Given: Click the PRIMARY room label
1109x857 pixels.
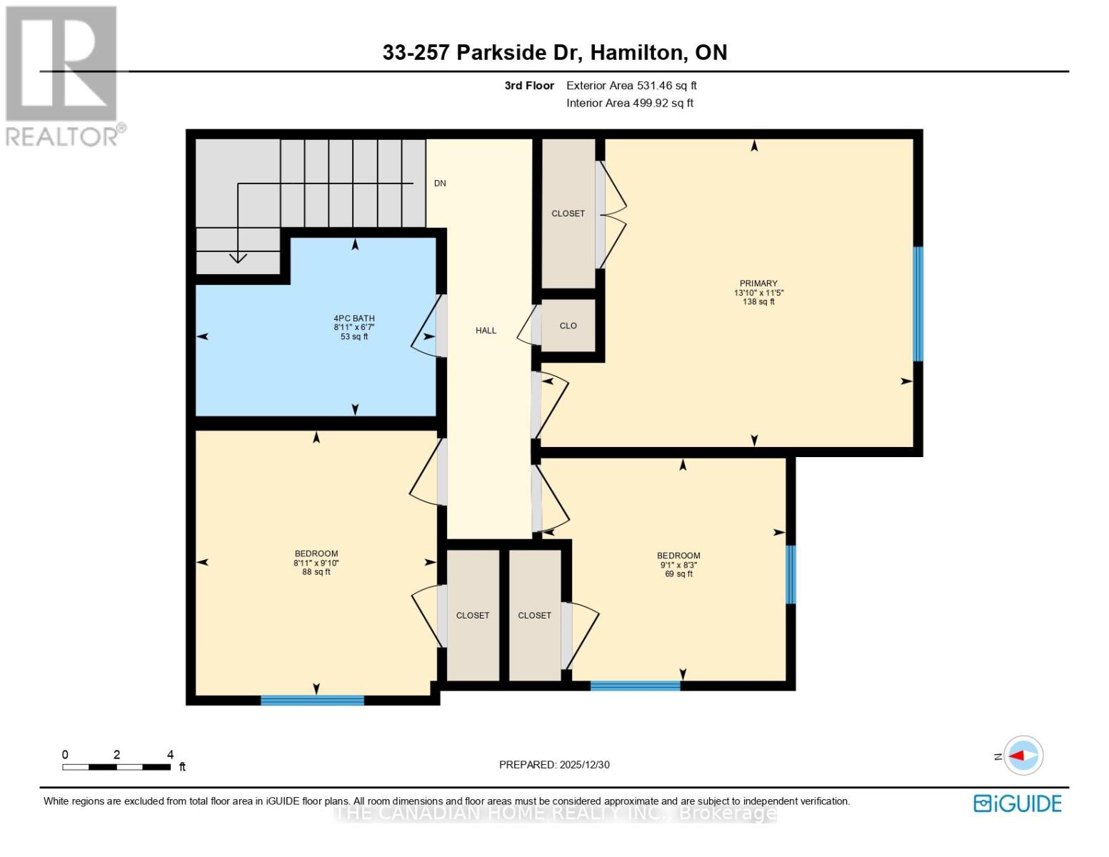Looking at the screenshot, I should coord(758,284).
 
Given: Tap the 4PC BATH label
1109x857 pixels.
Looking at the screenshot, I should coord(354,319).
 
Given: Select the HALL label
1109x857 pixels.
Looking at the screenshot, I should coord(486,331).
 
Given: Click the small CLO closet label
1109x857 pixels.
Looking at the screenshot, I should coord(568,326).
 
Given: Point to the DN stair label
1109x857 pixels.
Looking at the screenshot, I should coord(440,184).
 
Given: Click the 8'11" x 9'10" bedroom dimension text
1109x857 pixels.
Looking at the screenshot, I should coord(316,563).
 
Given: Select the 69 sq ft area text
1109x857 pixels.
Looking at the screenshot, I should coord(678,574).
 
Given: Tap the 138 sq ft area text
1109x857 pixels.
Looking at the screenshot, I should coord(758,302).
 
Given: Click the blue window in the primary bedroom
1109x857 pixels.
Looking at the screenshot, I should coord(918,304).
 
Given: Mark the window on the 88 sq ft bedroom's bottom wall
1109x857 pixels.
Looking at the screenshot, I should coord(312,701).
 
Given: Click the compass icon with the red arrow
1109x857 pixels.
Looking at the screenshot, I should coord(1023,756).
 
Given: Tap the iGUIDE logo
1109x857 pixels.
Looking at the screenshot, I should coord(1017,803).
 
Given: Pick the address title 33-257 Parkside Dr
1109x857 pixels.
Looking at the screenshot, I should coord(554,53).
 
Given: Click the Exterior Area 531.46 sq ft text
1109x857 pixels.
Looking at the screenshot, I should coord(631,86).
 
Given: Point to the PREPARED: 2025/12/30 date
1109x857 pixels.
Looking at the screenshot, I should coord(554,765).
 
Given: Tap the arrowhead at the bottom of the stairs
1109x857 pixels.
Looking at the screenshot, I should coord(238,258).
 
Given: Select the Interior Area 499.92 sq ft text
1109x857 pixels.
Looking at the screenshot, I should coord(630,103).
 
